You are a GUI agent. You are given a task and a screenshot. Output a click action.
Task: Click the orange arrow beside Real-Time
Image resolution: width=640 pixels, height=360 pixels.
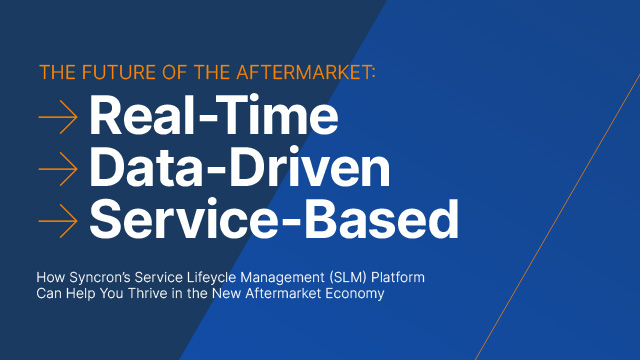click(x=58, y=117)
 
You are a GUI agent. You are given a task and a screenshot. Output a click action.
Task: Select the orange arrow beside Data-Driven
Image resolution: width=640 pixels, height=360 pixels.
click(x=58, y=169)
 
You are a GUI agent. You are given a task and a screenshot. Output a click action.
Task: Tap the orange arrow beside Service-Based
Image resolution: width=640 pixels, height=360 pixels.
click(x=58, y=221)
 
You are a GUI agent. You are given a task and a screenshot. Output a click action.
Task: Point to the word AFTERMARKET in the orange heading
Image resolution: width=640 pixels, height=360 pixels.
click(x=303, y=72)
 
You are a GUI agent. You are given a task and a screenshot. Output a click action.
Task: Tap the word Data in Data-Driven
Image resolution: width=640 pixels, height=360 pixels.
click(x=146, y=167)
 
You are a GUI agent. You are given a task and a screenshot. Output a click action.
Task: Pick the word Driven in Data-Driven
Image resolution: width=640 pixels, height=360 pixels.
click(x=309, y=167)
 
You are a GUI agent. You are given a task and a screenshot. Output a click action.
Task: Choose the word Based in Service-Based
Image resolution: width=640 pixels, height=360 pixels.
click(x=380, y=219)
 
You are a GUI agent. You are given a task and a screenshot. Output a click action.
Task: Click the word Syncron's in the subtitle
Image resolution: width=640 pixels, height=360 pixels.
click(x=100, y=278)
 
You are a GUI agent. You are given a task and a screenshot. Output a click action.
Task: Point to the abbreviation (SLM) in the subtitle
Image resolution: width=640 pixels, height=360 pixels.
click(x=348, y=278)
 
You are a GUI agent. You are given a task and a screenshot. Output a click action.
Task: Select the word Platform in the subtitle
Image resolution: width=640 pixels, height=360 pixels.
click(x=398, y=278)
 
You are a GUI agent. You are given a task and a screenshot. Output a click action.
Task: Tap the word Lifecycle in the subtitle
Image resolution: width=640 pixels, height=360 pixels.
click(x=211, y=278)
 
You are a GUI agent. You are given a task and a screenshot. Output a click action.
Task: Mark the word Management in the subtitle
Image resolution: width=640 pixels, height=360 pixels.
click(x=282, y=278)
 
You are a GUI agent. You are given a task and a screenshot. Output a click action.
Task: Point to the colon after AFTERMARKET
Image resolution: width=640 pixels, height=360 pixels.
click(x=373, y=74)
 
